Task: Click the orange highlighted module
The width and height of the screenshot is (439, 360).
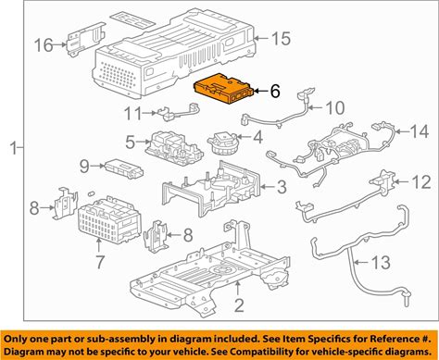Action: pos(223,89)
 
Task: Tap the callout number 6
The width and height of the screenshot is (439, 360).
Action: pos(275,91)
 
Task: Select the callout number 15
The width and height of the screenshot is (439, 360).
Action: pos(281,39)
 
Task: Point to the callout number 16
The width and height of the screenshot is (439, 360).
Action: pos(44,45)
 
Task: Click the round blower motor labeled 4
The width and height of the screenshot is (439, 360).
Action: pos(223,143)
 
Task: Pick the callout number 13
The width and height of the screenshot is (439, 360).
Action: pos(381,262)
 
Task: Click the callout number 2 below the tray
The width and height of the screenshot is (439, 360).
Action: pos(239,305)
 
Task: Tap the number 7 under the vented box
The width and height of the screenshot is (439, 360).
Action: pos(99,262)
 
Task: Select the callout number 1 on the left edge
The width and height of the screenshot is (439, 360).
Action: pos(14,148)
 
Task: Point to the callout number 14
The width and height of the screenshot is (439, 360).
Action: pos(420,131)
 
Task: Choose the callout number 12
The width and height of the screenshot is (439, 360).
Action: pos(421,182)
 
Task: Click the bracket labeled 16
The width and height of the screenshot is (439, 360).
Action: pos(85,39)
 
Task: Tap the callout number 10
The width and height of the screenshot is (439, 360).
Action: pos(335,107)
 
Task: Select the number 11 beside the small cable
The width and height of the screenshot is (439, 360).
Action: pos(133,113)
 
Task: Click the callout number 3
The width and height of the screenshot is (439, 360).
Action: pos(282,187)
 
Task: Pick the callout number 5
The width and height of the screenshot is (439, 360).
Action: pos(131,142)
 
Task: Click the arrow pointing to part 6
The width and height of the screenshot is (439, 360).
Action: pos(260,91)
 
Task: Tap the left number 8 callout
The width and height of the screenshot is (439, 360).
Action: pos(34,207)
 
